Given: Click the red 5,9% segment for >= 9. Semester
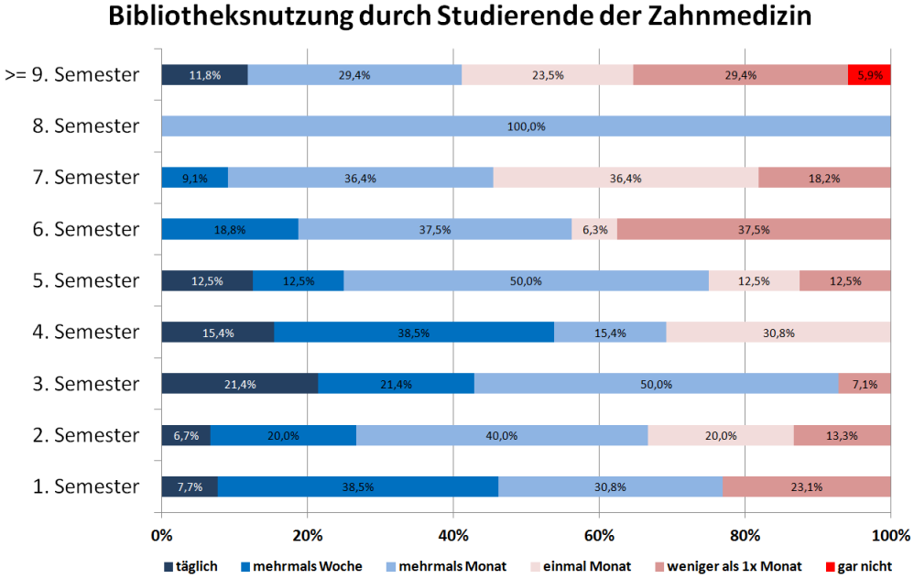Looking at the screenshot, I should [869, 75].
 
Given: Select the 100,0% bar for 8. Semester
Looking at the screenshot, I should [526, 126].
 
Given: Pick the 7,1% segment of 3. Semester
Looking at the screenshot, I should [865, 383].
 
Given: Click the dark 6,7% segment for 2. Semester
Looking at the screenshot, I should [186, 435].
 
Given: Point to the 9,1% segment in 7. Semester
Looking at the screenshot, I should [194, 178].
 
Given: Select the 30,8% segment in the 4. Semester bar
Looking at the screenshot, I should [778, 332].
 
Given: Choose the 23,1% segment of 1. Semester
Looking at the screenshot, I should [807, 486].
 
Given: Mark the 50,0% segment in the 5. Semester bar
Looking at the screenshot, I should [526, 280].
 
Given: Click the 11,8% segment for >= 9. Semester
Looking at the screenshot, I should [205, 75].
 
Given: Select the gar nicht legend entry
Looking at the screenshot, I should [859, 566].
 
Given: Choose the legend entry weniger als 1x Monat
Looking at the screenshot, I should [731, 566].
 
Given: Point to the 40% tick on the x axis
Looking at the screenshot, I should [453, 534].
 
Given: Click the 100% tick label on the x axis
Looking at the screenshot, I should [890, 534].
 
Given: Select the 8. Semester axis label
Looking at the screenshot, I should [86, 126].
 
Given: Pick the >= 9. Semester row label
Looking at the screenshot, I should [72, 74].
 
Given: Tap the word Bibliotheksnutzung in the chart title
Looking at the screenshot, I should [223, 17].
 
